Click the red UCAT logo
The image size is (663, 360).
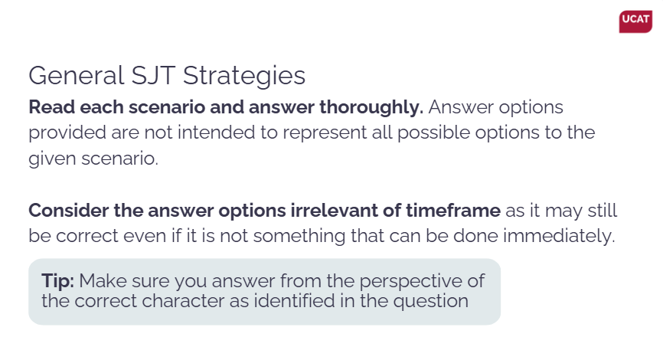635,21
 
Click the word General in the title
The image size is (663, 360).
76,76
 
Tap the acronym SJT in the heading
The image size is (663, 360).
153,76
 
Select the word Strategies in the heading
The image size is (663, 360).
244,77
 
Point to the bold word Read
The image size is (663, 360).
51,107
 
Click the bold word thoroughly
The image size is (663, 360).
371,107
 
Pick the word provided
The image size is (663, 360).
67,133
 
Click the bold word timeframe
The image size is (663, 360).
453,211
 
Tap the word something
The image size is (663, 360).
299,237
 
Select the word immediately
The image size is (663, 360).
559,237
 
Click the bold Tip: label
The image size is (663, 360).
58,281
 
